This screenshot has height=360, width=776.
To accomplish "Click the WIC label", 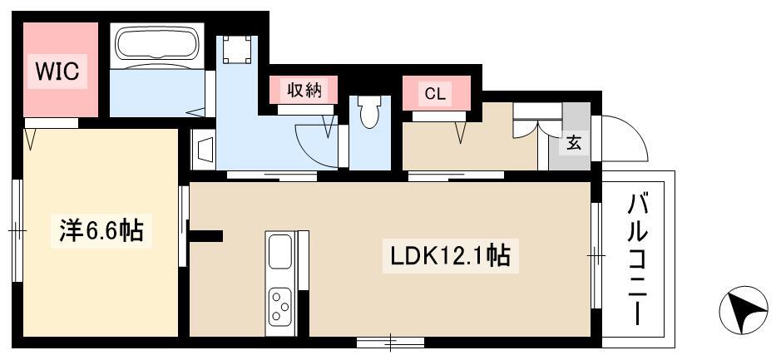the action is [57, 72].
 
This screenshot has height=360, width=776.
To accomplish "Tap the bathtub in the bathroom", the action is [157, 45].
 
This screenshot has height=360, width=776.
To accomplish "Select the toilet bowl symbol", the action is [369, 112].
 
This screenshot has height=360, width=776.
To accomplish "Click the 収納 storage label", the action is [304, 90].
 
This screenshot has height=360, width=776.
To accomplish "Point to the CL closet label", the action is [435, 93].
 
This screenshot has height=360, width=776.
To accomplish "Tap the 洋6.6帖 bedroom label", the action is [101, 230].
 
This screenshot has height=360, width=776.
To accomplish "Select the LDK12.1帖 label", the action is [450, 256].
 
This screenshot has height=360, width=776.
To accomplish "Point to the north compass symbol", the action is [744, 309].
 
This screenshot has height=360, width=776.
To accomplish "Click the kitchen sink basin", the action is [280, 252].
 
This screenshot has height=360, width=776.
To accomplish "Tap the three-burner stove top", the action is [279, 307].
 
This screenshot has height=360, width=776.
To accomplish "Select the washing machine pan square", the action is [236, 49].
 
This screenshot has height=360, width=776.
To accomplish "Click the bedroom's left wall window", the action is [17, 230].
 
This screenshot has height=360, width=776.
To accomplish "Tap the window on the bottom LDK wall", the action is [391, 342].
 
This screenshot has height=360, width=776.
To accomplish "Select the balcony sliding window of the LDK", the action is [596, 255].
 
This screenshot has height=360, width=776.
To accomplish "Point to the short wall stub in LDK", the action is [206, 236].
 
